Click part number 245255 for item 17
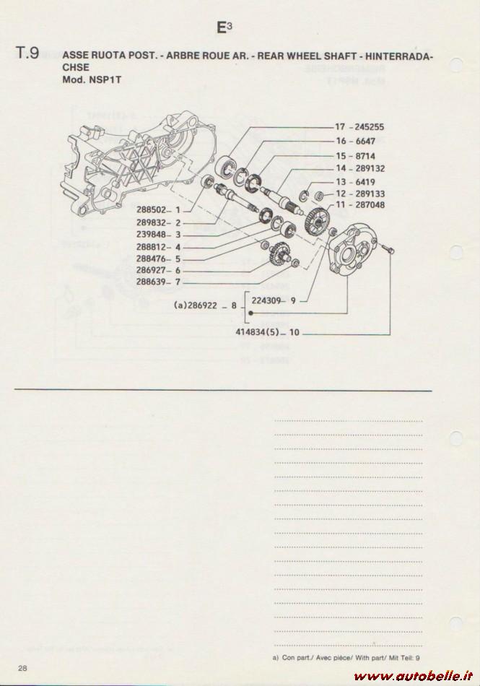pos(370,127)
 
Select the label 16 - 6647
pos(355,141)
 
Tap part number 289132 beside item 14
pos(370,168)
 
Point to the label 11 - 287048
pos(360,205)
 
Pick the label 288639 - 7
pos(158,282)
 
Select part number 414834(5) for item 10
pos(257,332)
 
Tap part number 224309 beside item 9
pos(266,300)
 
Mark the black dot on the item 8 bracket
pos(250,313)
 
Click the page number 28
pos(22,668)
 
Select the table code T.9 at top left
pos(27,53)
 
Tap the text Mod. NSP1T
pos(92,80)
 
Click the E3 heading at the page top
pos(224,27)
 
